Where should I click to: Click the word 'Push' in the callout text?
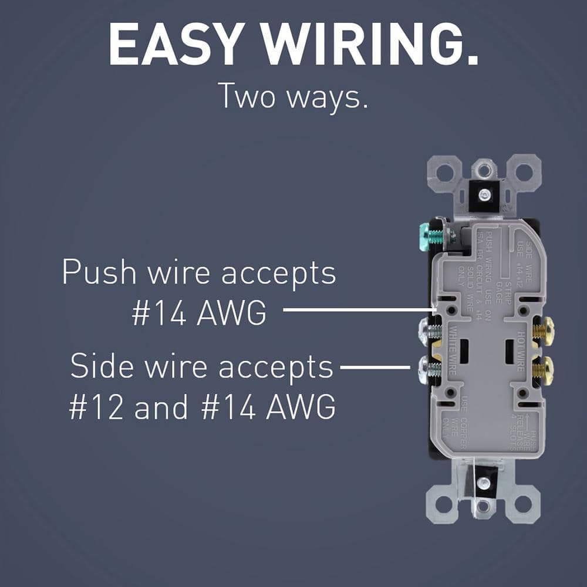(97, 273)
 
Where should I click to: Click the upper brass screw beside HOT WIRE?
(543, 332)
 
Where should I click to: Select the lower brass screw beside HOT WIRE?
(543, 370)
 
